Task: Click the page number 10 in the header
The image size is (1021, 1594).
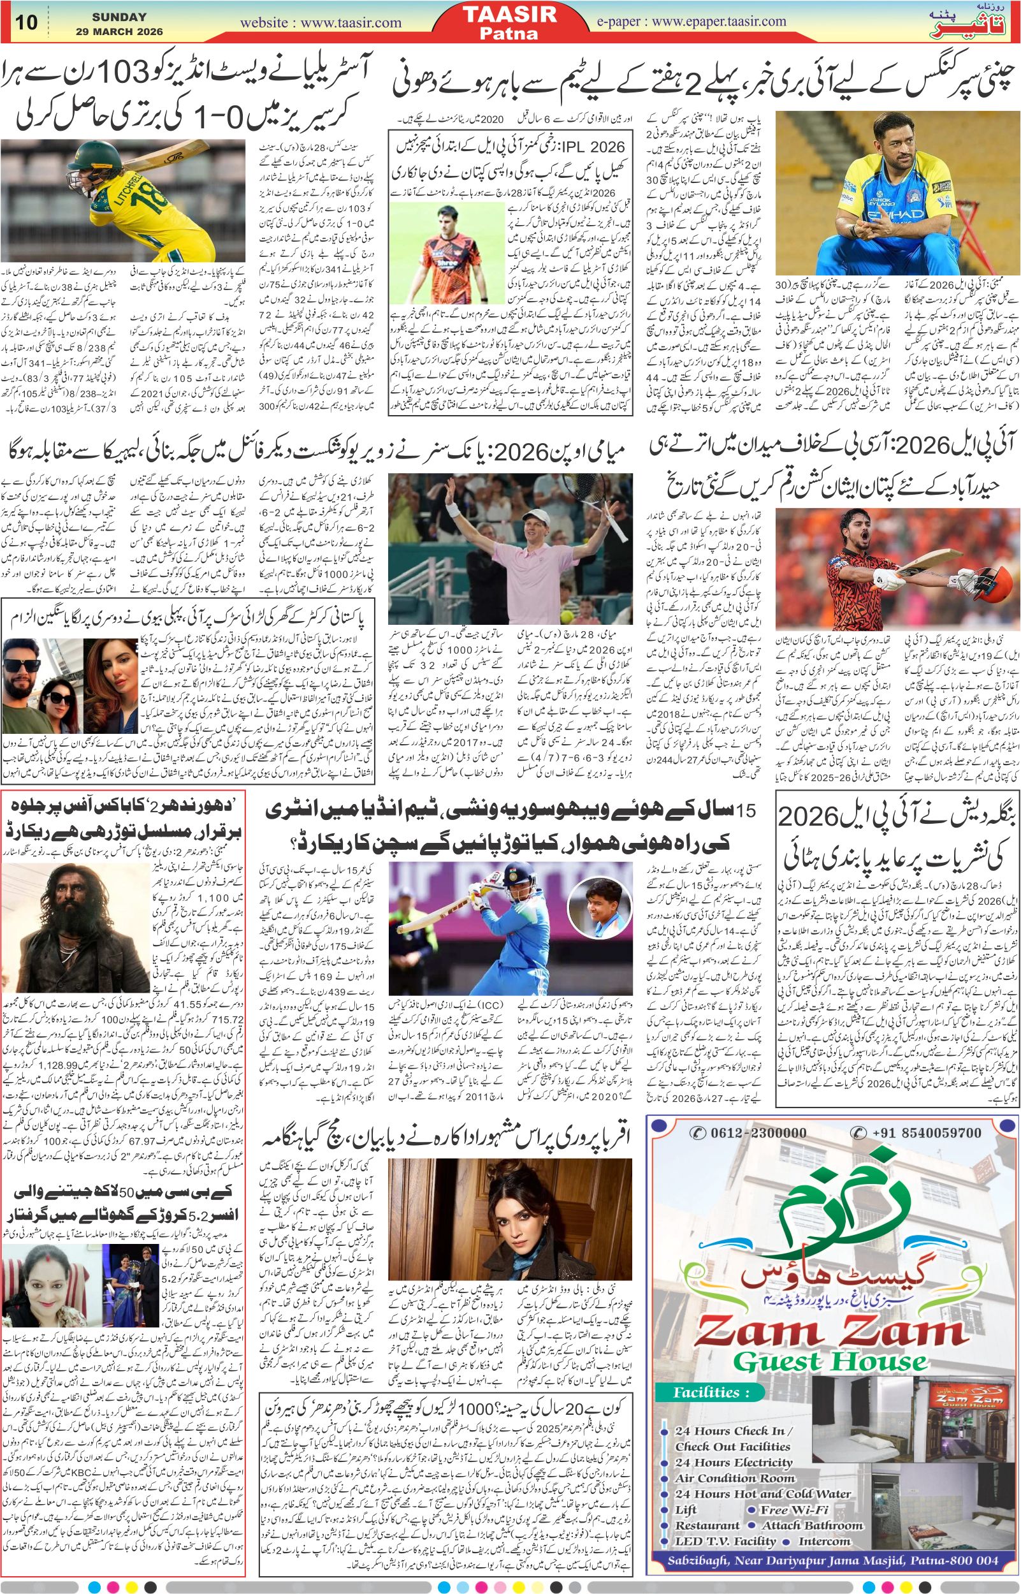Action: pos(27,22)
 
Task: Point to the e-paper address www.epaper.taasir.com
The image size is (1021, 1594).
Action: pos(719,20)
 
